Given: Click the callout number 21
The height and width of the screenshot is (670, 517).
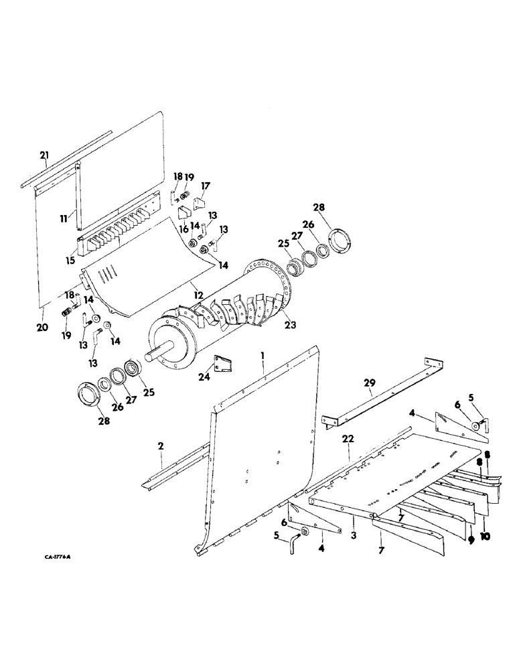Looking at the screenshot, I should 44,156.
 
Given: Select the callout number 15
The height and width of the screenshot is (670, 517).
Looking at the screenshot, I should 70,257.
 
